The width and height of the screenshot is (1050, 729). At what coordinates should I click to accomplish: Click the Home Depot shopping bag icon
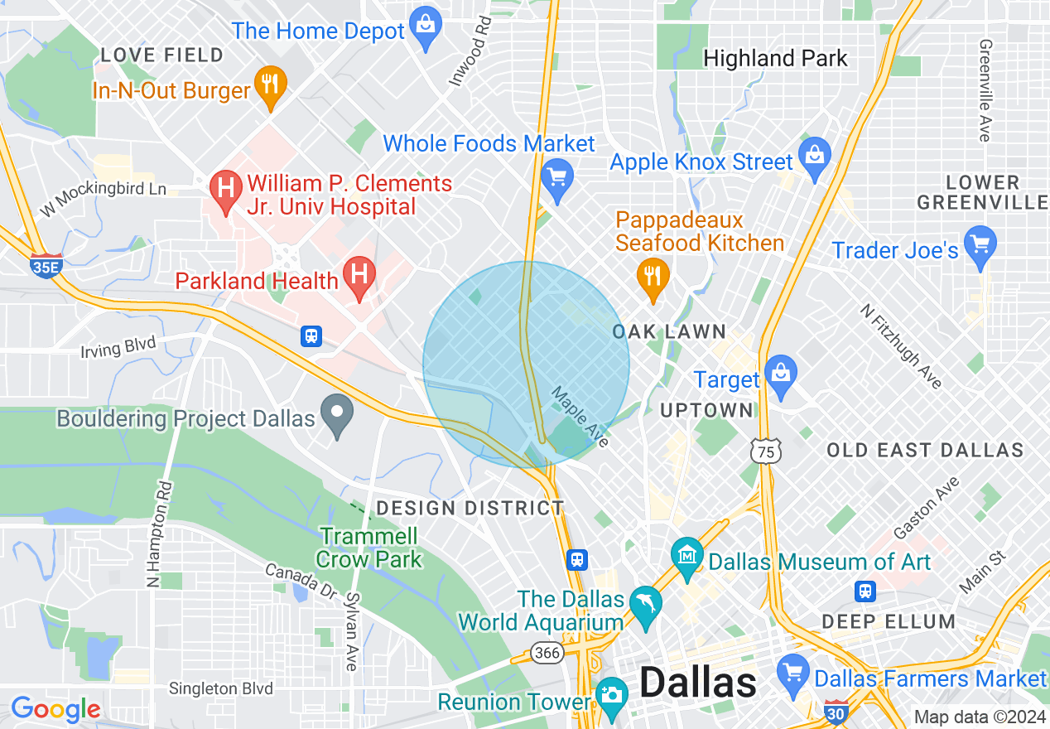pyautogui.click(x=426, y=25)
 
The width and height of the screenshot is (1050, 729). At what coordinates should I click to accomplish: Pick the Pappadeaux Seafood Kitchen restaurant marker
pyautogui.click(x=653, y=276)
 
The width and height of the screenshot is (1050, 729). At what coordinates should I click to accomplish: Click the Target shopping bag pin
pyautogui.click(x=780, y=374)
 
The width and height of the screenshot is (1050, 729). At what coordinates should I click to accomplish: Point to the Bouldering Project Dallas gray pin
pyautogui.click(x=337, y=413)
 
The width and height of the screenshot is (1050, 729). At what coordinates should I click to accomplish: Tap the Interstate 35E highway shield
pyautogui.click(x=46, y=266)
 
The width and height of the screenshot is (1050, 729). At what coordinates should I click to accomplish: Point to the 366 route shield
pyautogui.click(x=547, y=653)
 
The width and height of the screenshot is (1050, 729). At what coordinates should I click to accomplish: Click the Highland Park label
pyautogui.click(x=775, y=58)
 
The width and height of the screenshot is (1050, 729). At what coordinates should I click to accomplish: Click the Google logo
pyautogui.click(x=55, y=709)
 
